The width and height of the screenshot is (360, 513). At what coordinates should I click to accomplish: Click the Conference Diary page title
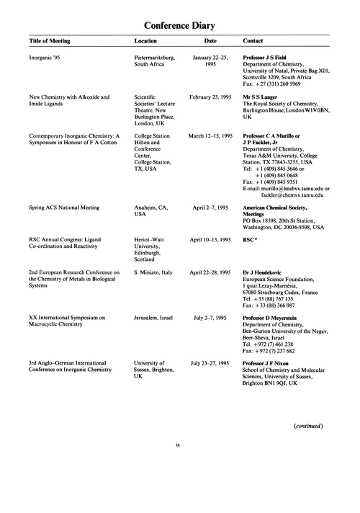[179, 25]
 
